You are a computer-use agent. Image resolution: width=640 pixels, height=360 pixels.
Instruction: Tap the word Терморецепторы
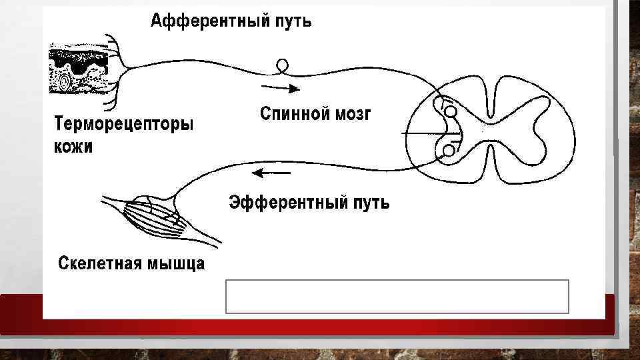pos(123,125)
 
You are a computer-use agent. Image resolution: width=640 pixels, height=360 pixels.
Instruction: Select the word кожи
pos(74,147)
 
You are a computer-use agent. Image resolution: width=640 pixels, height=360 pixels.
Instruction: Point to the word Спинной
pos(294,113)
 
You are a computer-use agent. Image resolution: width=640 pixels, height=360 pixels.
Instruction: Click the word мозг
pos(353,113)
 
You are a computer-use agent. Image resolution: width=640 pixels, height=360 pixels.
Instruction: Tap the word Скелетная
pos(99,263)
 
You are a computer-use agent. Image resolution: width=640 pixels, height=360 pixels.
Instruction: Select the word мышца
pos(175,263)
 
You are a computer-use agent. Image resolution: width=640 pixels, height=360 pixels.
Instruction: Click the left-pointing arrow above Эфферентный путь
pos(271,173)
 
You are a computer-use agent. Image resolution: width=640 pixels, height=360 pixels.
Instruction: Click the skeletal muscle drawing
pos(157,217)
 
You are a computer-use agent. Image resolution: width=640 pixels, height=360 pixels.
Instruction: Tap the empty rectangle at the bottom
pos(397,297)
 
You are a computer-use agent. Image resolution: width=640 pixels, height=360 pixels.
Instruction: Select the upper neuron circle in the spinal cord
pos(451,111)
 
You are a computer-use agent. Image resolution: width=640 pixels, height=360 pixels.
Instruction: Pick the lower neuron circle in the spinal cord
pos(449,151)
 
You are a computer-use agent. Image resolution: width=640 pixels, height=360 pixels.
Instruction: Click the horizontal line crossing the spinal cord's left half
pos(427,134)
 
